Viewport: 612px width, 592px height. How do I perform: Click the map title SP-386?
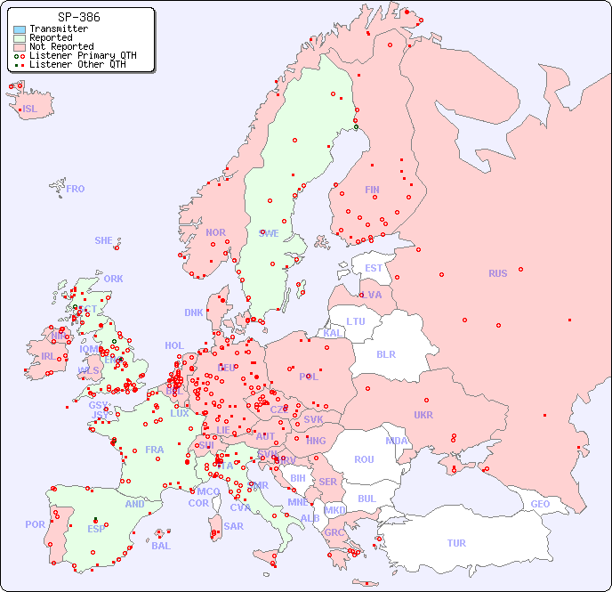(x=78, y=17)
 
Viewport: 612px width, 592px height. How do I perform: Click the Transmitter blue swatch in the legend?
(x=20, y=29)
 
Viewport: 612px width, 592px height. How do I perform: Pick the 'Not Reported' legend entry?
(x=60, y=46)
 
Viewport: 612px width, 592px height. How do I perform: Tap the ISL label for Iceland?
(x=30, y=109)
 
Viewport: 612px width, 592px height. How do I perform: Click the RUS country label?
(x=497, y=273)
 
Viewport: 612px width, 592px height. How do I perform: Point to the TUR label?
(x=456, y=543)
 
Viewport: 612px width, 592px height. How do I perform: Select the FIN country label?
(x=372, y=190)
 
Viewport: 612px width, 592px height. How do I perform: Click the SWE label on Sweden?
(x=269, y=233)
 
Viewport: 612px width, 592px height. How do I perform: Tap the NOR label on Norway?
(x=215, y=232)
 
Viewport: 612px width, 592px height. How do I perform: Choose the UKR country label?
(x=423, y=415)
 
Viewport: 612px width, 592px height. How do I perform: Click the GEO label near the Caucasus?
(x=540, y=504)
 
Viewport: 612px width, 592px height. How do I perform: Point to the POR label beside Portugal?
(x=35, y=524)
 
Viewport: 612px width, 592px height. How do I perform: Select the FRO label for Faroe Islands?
(x=76, y=189)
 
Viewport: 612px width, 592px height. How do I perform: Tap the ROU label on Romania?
(x=364, y=459)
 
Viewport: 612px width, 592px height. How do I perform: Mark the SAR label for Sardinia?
(x=234, y=526)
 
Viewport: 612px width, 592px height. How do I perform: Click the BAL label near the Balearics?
(x=160, y=546)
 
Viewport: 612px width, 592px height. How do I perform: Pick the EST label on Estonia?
(x=374, y=268)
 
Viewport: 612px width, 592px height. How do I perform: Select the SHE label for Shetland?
(x=104, y=240)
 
